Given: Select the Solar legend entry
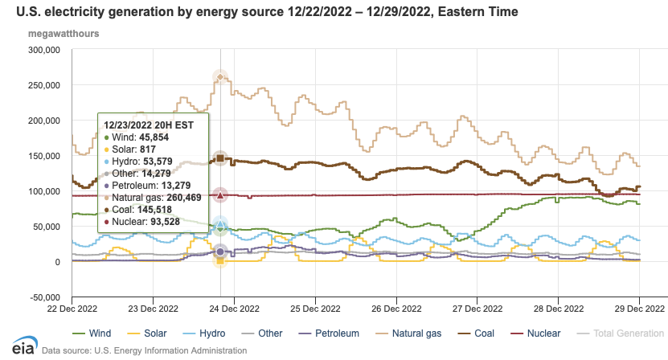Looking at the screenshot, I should tap(168, 333).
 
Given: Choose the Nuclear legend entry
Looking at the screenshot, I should tap(543, 333).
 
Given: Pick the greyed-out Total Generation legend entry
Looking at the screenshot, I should tap(627, 333).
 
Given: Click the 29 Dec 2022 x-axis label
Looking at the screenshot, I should tap(640, 308).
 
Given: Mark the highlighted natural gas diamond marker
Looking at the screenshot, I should tap(221, 77).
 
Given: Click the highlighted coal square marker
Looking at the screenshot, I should tap(221, 157).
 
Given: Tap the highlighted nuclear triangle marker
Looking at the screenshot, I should tap(221, 194).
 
